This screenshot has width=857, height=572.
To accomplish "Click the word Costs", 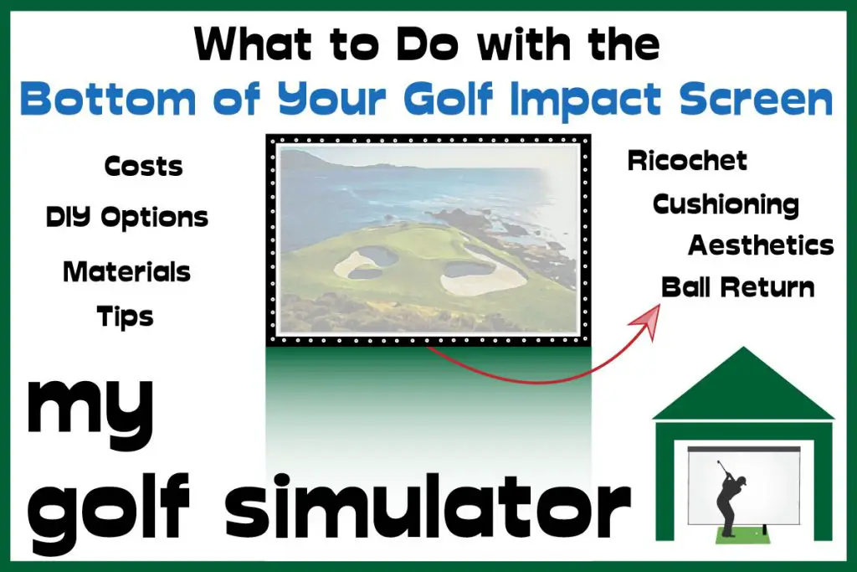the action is [x=143, y=167].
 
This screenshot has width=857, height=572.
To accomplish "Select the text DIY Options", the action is [x=127, y=217].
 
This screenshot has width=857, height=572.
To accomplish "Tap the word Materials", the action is [x=127, y=272].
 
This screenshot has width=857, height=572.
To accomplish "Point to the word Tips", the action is [x=126, y=317].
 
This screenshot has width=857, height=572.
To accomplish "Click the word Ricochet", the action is [x=687, y=160].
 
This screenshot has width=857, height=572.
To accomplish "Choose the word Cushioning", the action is [x=726, y=205].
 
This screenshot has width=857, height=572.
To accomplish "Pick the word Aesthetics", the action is [x=761, y=245].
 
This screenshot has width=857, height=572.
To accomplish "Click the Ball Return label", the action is [x=738, y=287].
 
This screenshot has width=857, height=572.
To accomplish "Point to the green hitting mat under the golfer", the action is [x=743, y=536].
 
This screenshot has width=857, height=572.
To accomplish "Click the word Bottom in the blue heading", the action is [x=108, y=99].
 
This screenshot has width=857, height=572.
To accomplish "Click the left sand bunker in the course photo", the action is [x=365, y=262].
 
